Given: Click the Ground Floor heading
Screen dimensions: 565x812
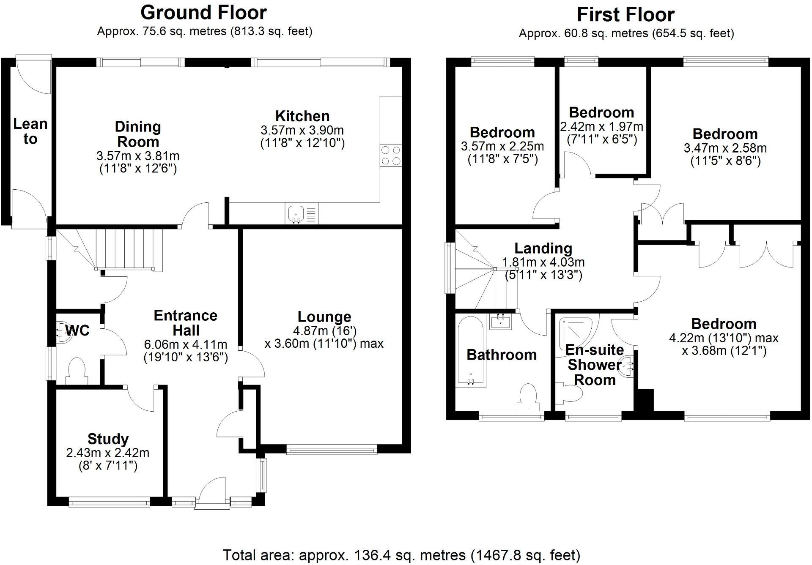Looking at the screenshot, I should pos(203,13).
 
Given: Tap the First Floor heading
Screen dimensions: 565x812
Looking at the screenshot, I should pos(625,15).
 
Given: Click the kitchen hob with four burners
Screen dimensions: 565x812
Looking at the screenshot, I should pos(391,156).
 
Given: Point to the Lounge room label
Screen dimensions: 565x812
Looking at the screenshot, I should pos(324,317).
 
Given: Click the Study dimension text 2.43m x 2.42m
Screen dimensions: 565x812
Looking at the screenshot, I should pos(108,453).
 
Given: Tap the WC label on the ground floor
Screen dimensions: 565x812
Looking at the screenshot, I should pos(78,330).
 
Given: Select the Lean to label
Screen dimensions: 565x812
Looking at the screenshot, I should pos(30,131).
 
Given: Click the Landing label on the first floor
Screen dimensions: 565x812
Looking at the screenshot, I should pos(543,248).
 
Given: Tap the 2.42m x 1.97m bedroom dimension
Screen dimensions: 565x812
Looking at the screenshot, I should pos(601,127).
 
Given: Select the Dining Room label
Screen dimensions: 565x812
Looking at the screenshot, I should pos(138,134).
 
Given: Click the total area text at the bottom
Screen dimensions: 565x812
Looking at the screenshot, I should pos(401,555).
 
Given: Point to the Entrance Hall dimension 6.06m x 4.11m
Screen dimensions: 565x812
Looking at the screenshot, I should pos(186,344).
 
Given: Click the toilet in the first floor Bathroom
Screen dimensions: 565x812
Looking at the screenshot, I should pos(529,397).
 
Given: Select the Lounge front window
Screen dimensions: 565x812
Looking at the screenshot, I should pos(332,450).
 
